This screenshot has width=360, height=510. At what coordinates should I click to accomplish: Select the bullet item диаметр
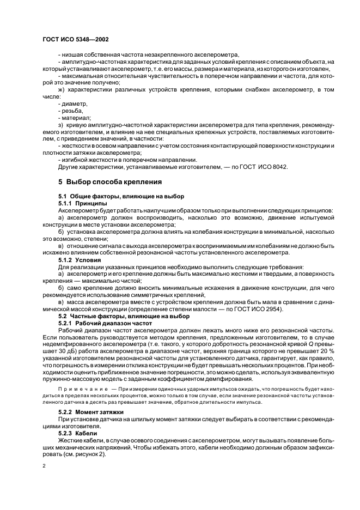(x=73, y=103)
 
